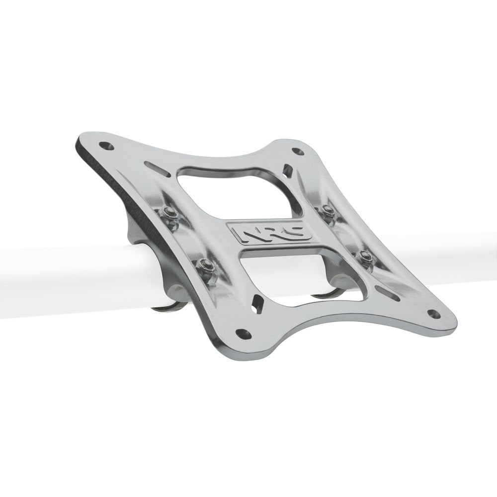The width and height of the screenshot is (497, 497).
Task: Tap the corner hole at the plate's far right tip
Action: (433, 314)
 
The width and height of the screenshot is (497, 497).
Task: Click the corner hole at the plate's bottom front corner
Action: (243, 333)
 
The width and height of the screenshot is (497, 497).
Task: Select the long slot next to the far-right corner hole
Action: (388, 293)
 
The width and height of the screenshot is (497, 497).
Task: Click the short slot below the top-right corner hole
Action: (287, 171)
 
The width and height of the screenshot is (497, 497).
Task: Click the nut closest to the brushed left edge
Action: (170, 215)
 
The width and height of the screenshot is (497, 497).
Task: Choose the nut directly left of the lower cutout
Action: (204, 267)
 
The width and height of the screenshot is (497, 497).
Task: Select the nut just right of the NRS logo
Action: (328, 211)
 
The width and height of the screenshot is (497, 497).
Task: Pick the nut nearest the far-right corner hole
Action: (365, 258)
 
